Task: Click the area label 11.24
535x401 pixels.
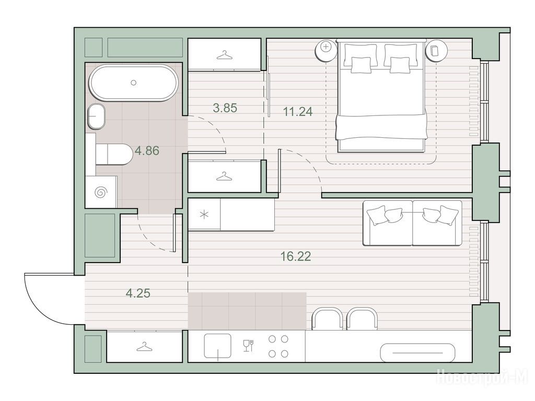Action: [x=298, y=112]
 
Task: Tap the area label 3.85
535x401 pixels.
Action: [x=225, y=108]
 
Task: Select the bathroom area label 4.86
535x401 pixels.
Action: [x=147, y=150]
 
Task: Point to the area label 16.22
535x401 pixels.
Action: [x=296, y=256]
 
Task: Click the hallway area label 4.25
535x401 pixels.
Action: [x=138, y=293]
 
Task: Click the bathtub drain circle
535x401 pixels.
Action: [x=134, y=82]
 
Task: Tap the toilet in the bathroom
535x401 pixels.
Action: [x=114, y=155]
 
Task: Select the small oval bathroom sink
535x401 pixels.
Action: [x=96, y=116]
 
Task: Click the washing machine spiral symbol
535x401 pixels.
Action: [x=101, y=193]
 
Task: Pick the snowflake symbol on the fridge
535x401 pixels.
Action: [x=204, y=215]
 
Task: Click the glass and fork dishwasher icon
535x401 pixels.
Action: [x=248, y=346]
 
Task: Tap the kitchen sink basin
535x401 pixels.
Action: [x=217, y=346]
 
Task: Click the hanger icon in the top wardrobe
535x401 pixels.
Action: [x=224, y=55]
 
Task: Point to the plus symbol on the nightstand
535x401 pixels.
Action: [x=326, y=46]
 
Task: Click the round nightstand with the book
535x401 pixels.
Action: [x=436, y=51]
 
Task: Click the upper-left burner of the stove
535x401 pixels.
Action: [x=272, y=339]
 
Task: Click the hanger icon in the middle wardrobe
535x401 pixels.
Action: [x=224, y=176]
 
